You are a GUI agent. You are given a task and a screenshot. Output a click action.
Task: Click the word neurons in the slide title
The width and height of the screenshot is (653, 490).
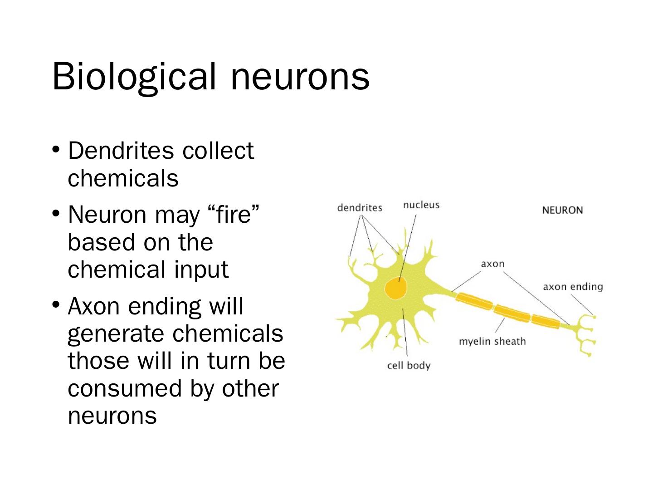click(x=300, y=76)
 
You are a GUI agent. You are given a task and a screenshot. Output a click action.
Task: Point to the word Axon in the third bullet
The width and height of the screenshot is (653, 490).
click(x=94, y=306)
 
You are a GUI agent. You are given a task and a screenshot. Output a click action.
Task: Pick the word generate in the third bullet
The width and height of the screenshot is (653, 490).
click(x=116, y=334)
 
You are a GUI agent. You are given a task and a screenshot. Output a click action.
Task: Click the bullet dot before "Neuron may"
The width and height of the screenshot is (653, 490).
click(x=56, y=213)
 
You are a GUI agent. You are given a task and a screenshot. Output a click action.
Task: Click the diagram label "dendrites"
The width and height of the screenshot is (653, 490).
click(x=360, y=208)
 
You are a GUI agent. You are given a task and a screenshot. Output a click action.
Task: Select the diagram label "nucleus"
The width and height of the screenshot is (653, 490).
click(x=421, y=205)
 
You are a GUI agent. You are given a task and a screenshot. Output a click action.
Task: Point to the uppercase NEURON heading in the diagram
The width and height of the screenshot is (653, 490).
click(x=562, y=210)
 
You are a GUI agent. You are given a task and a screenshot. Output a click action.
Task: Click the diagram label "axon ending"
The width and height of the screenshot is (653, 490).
click(x=573, y=287)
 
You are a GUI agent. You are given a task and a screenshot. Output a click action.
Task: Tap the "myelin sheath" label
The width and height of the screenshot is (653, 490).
click(x=492, y=341)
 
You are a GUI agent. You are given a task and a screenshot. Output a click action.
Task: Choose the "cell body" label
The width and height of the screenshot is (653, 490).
click(x=409, y=366)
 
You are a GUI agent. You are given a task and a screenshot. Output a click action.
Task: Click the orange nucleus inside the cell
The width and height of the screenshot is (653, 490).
click(x=395, y=288)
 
